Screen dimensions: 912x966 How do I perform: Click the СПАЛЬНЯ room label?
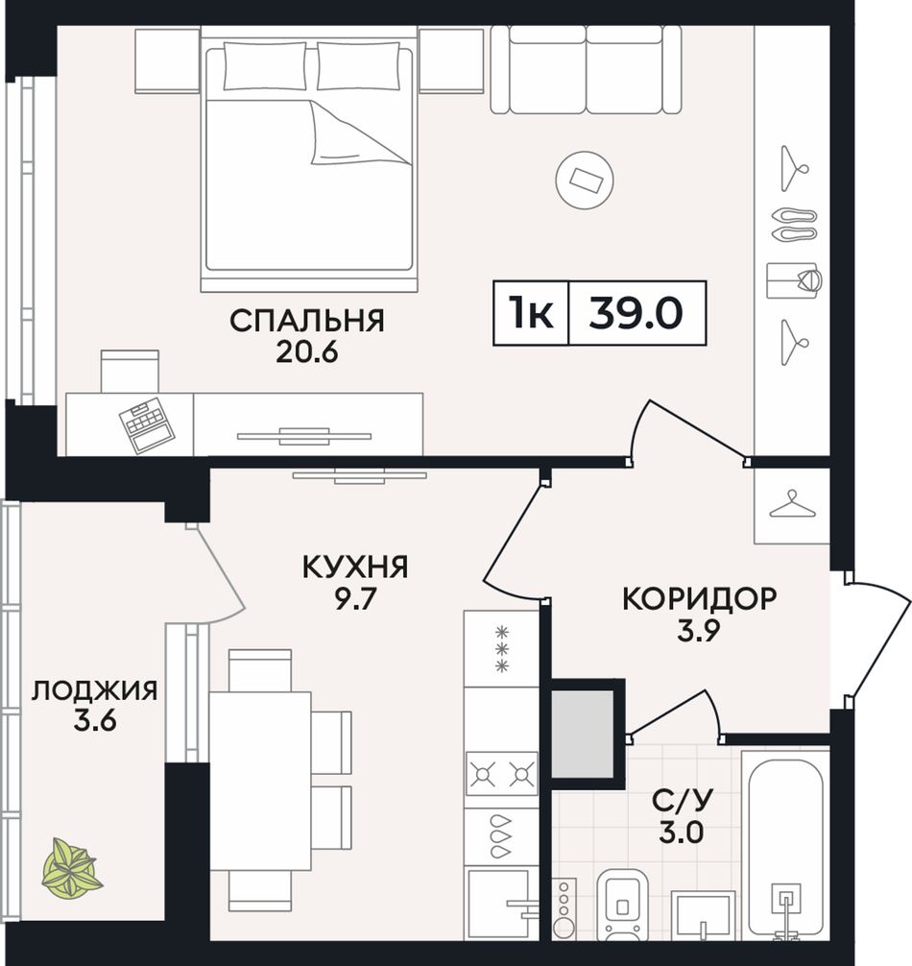pos(306,321)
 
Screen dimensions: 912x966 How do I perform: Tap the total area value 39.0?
pos(636,313)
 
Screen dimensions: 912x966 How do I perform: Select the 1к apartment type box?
pos(531,313)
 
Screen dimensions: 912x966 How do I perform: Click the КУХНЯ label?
pos(355,567)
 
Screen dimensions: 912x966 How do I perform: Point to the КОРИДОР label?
pos(700,599)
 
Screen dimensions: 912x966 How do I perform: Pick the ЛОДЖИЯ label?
pos(95,690)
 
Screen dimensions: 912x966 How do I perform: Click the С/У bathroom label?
pos(683,801)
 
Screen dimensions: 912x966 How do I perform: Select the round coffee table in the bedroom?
pos(585,180)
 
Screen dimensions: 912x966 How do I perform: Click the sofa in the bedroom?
pos(586,69)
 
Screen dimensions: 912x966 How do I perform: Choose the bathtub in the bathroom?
pos(785,845)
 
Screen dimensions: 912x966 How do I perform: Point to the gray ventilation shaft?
pos(583,733)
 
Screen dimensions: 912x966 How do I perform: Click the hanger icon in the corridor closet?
pos(793,503)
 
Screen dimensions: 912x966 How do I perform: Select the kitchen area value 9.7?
pos(355,598)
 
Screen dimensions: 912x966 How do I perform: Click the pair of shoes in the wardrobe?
pos(794,225)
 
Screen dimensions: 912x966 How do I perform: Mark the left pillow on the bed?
pos(265,66)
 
